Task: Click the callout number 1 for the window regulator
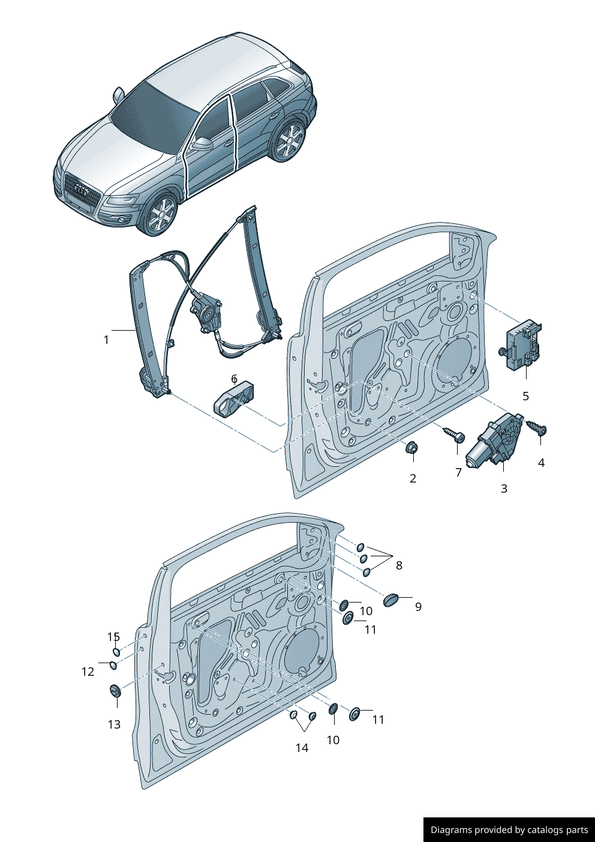pyautogui.click(x=106, y=340)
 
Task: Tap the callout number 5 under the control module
pyautogui.click(x=525, y=396)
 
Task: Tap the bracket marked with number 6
pyautogui.click(x=233, y=398)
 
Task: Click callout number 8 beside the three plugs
pyautogui.click(x=399, y=565)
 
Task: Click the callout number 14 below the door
pyautogui.click(x=302, y=748)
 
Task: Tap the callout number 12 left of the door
pyautogui.click(x=88, y=672)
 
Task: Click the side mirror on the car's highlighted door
pyautogui.click(x=202, y=144)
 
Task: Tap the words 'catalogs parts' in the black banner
pyautogui.click(x=557, y=830)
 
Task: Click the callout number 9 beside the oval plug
pyautogui.click(x=418, y=607)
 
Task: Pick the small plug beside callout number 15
pyautogui.click(x=117, y=652)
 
